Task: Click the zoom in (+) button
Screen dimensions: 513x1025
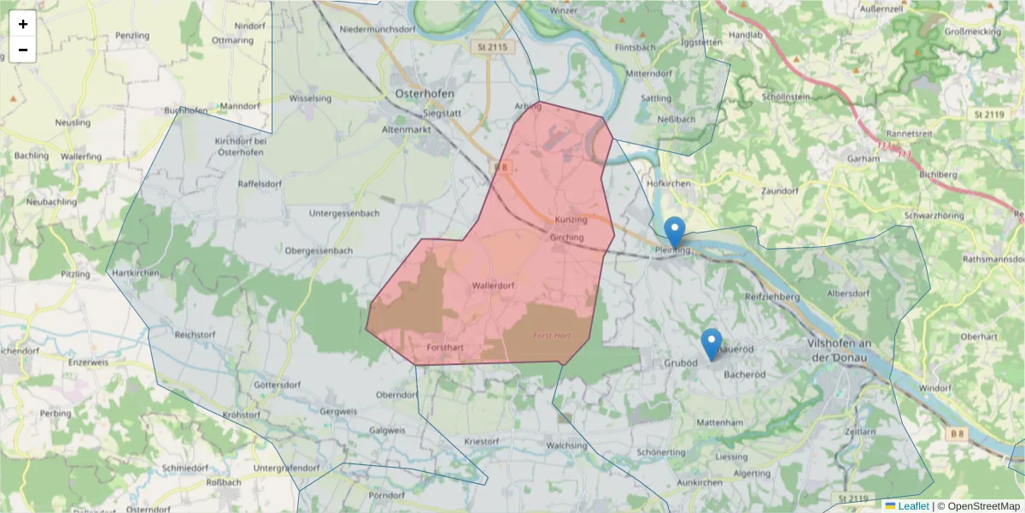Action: point(23,24)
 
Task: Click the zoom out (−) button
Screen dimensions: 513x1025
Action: point(23,50)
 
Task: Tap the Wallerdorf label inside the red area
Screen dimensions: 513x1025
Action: point(492,286)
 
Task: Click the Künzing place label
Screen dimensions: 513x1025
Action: point(571,220)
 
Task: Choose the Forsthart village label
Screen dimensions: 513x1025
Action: point(445,347)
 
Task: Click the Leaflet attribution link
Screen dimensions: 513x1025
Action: point(912,506)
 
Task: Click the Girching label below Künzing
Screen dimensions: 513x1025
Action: point(567,237)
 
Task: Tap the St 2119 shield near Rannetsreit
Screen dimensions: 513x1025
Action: point(988,114)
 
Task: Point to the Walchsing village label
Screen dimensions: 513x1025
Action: point(567,445)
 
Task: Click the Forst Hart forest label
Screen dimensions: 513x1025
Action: point(552,335)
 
